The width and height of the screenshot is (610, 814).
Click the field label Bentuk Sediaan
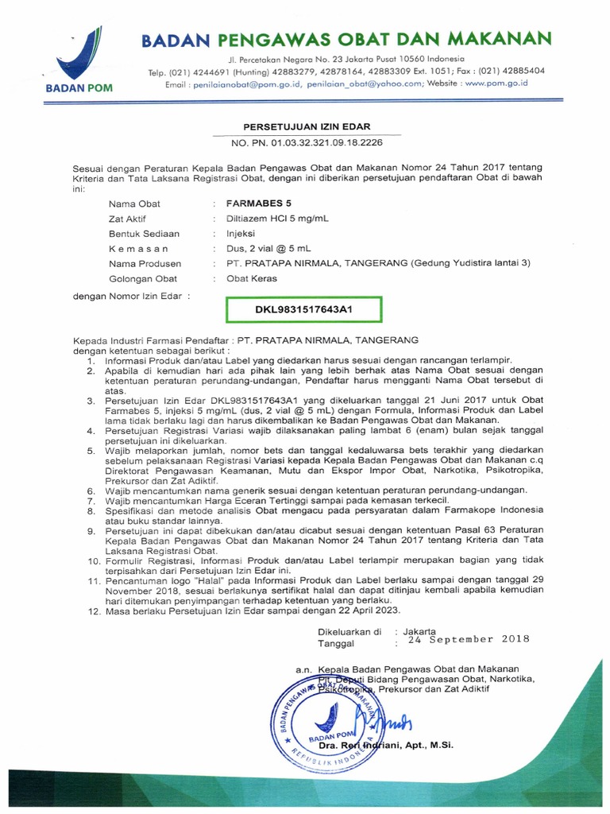click(x=144, y=234)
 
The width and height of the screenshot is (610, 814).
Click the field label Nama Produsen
click(x=145, y=264)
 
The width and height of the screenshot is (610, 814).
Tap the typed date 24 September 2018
click(x=468, y=639)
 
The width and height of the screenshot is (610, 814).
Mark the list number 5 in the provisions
click(x=91, y=452)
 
